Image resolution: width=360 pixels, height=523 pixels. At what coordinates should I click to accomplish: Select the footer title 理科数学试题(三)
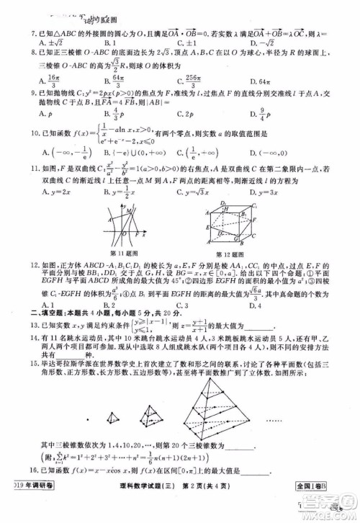click(x=144, y=512)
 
